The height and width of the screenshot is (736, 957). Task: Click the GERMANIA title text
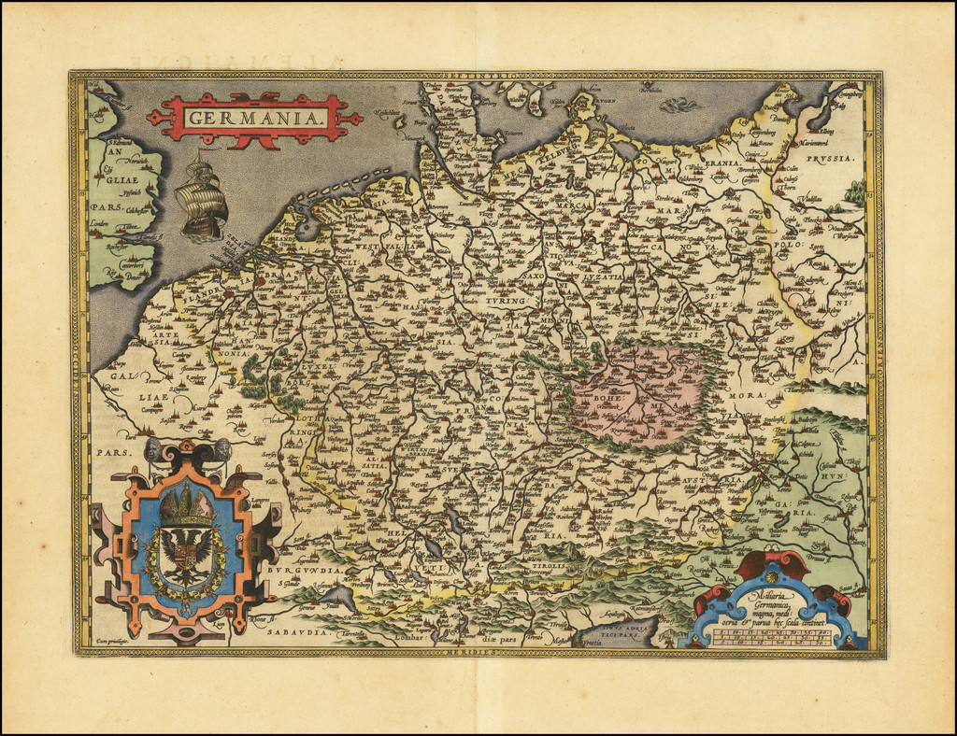click(x=253, y=118)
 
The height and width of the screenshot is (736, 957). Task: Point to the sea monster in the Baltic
click(x=678, y=105)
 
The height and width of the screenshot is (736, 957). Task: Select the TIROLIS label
click(x=550, y=565)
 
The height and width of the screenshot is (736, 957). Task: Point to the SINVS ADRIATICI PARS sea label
click(x=615, y=630)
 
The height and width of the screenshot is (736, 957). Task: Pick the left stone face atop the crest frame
click(x=154, y=448)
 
